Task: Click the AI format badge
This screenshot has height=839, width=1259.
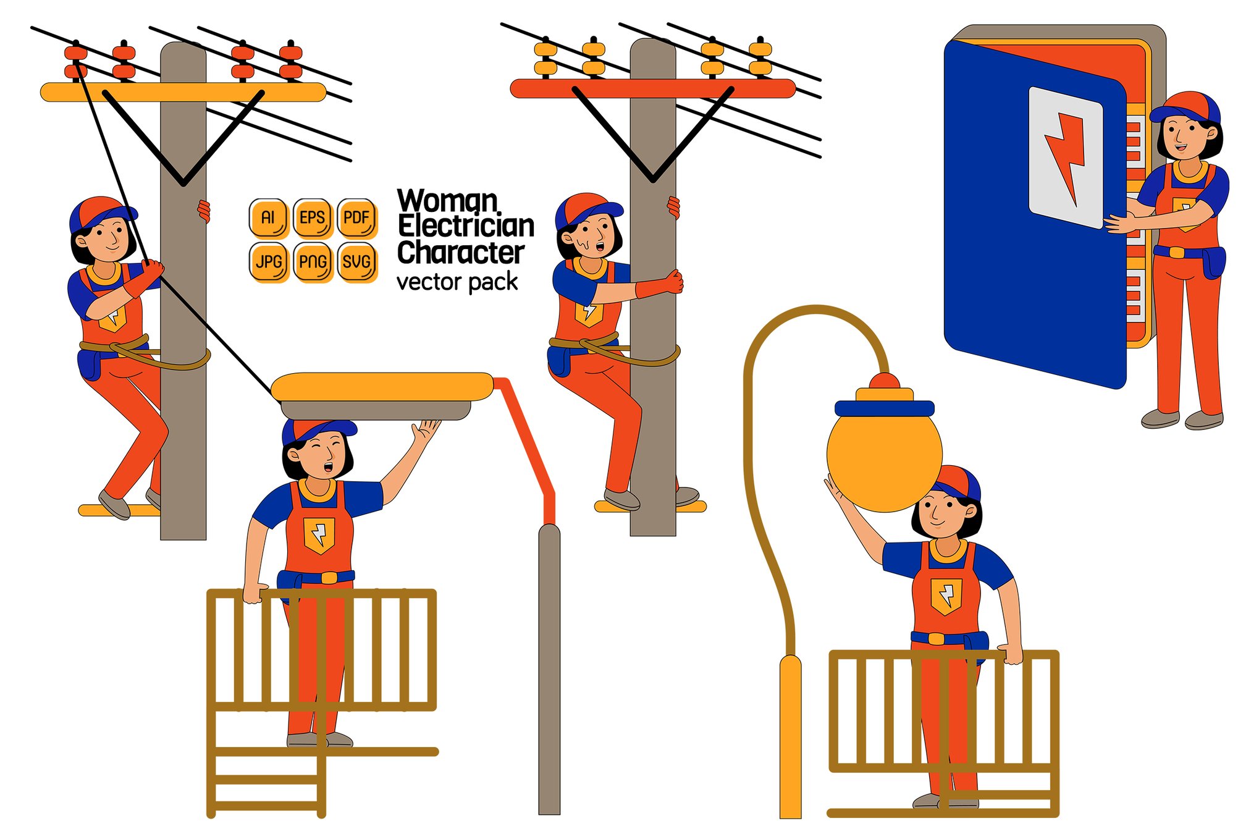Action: click(267, 217)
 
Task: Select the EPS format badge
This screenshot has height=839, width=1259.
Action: click(312, 217)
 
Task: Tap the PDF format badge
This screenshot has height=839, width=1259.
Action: click(356, 217)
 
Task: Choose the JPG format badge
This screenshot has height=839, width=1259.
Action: click(267, 262)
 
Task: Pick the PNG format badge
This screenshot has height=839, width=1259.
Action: click(312, 262)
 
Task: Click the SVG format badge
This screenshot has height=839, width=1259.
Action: click(356, 262)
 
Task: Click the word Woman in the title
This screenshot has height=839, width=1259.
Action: click(447, 201)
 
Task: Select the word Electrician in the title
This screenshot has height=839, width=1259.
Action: click(466, 226)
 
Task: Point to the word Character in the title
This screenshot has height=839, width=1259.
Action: click(461, 252)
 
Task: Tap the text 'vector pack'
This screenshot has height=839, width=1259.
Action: click(457, 282)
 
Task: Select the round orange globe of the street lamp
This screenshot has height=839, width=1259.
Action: click(884, 455)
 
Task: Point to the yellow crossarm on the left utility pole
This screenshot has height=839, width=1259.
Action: click(183, 92)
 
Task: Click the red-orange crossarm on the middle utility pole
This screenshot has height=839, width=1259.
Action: click(652, 88)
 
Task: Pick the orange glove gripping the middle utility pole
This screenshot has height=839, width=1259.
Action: click(660, 285)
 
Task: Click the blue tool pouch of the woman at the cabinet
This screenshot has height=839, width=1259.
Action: click(1214, 263)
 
